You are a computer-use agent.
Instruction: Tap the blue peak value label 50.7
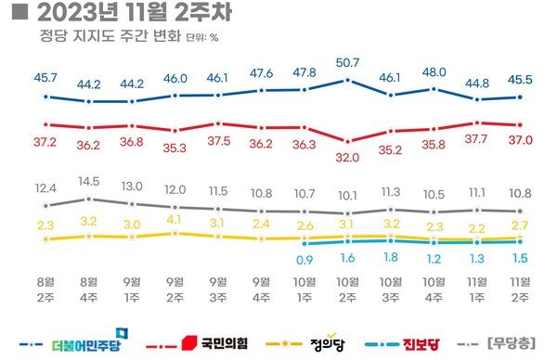(x=347, y=63)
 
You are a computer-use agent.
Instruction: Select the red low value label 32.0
(x=347, y=158)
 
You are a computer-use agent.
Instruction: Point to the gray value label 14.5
(x=90, y=181)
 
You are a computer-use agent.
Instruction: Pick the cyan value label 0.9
(x=304, y=260)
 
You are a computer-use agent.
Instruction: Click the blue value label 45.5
(x=521, y=79)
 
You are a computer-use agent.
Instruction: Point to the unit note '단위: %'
(x=201, y=39)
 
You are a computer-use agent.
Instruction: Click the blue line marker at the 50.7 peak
(x=347, y=81)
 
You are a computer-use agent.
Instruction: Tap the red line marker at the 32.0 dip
(x=347, y=141)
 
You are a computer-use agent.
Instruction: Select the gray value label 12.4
(x=46, y=188)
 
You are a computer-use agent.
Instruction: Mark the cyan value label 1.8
(x=391, y=257)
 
